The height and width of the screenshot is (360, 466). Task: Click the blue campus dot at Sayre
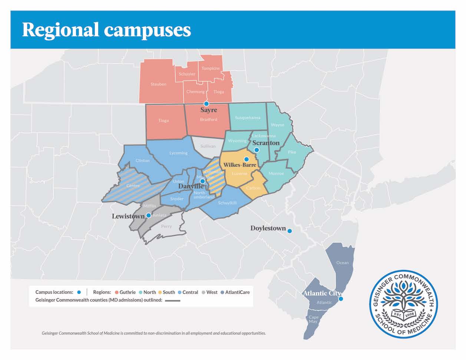click(x=206, y=104)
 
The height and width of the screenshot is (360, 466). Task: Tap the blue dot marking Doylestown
click(x=290, y=231)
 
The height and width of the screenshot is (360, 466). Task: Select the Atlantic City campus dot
click(x=341, y=299)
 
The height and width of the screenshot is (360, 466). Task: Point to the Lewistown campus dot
click(x=148, y=215)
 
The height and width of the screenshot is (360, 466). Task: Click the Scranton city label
click(x=266, y=143)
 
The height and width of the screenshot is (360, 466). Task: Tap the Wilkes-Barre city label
click(x=239, y=165)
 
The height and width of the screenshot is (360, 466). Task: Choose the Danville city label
click(x=191, y=186)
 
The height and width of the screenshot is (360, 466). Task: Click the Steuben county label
click(x=158, y=84)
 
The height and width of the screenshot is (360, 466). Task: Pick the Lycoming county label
click(x=178, y=153)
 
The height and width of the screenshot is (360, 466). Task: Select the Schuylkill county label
click(x=227, y=203)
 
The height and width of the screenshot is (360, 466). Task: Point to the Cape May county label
click(x=314, y=319)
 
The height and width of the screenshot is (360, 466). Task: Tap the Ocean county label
click(x=342, y=262)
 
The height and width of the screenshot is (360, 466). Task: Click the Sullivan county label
click(x=208, y=146)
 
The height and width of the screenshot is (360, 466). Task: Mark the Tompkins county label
click(x=211, y=68)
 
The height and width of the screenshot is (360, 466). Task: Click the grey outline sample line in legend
click(x=173, y=300)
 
